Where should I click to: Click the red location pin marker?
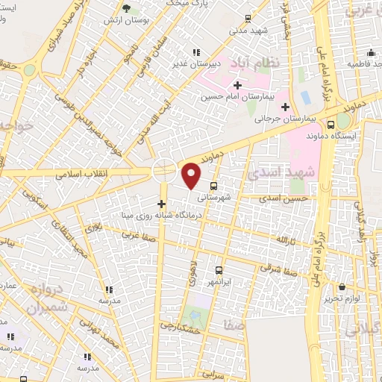192,175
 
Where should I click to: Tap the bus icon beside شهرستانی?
215,186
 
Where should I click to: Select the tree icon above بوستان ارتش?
125,8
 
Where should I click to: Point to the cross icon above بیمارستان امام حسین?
238,85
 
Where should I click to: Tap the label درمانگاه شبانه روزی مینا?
160,216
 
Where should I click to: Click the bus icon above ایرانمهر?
219,270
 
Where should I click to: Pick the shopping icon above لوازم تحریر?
342,287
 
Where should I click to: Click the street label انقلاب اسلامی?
82,173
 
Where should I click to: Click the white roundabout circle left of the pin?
164,170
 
